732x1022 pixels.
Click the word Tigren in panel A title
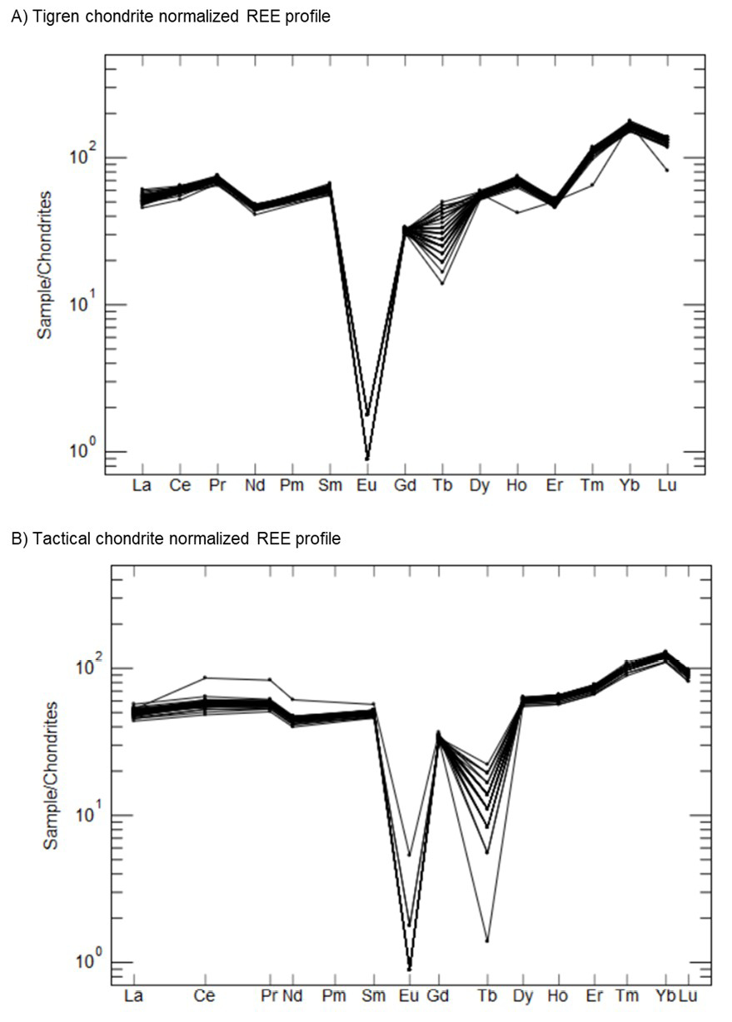coord(56,17)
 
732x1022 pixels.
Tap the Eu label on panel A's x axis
coord(366,485)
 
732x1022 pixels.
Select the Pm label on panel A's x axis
coord(291,485)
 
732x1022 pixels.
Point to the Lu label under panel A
coord(667,485)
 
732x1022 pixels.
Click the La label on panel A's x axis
coord(142,485)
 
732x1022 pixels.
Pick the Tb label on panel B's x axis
coord(487,995)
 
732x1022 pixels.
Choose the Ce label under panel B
coord(204,995)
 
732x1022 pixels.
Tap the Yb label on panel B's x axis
coord(665,995)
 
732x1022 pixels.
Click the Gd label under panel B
coord(438,995)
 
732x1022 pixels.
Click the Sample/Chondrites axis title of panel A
coord(44,265)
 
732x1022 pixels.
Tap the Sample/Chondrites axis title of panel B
coord(51,776)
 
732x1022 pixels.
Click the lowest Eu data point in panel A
coord(367,459)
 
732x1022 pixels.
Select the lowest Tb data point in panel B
coord(487,940)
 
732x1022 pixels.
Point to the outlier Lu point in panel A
coord(667,170)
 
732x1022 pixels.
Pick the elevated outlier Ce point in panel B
coord(205,678)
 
